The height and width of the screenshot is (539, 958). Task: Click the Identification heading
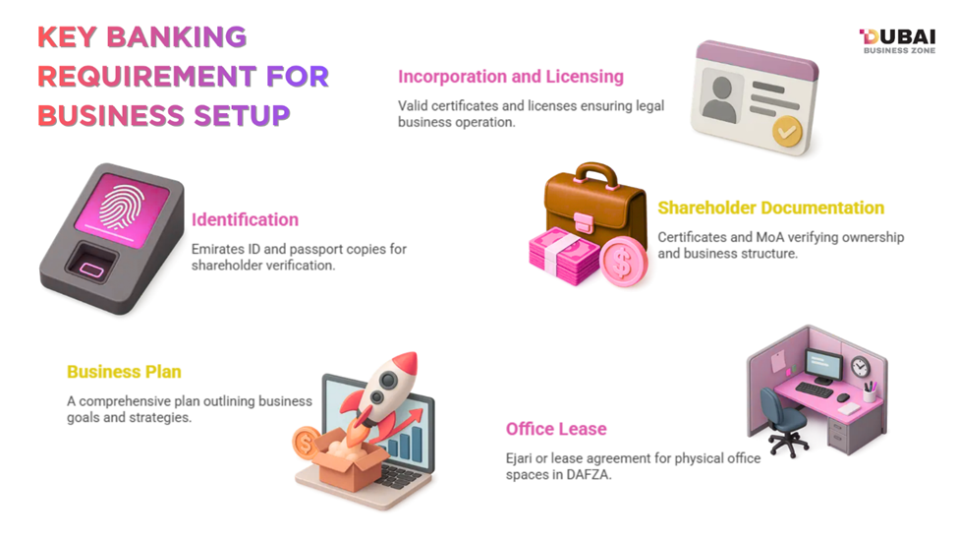point(245,219)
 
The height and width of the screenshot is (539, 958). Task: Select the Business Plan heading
point(124,372)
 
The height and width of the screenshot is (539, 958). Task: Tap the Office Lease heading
point(556,429)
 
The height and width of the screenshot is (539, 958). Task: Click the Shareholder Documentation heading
point(770,208)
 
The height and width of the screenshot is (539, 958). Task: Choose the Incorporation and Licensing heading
point(510,76)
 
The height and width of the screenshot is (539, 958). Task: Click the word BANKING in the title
point(190,37)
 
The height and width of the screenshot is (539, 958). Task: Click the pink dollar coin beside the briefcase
point(621,262)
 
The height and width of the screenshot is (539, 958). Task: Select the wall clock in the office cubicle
point(861,366)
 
